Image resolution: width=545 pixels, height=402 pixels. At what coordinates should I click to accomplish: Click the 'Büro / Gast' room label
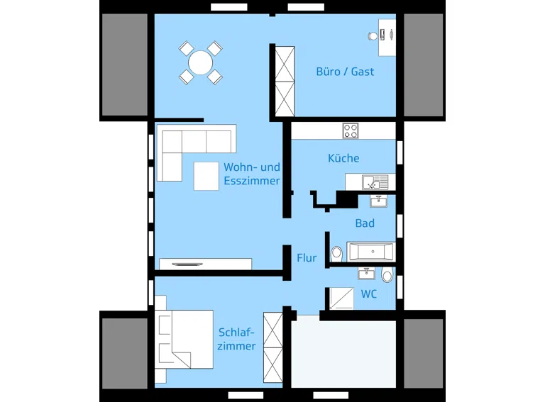pyautogui.click(x=345, y=72)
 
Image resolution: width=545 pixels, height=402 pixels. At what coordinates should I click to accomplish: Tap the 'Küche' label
pyautogui.click(x=343, y=158)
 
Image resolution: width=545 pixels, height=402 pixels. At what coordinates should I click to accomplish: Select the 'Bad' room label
pyautogui.click(x=365, y=223)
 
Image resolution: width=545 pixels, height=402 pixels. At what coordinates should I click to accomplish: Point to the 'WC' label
pyautogui.click(x=368, y=294)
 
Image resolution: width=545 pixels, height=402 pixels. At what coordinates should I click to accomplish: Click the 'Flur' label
pyautogui.click(x=307, y=258)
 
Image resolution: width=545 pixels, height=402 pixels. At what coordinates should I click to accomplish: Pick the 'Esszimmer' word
pyautogui.click(x=252, y=181)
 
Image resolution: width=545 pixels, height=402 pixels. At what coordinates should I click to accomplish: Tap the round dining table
pyautogui.click(x=201, y=63)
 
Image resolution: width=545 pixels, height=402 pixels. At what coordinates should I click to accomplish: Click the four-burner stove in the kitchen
pyautogui.click(x=351, y=131)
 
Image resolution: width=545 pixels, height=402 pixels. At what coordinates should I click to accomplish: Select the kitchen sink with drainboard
pyautogui.click(x=375, y=182)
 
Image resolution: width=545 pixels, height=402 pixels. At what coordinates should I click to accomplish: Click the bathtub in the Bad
pyautogui.click(x=371, y=251)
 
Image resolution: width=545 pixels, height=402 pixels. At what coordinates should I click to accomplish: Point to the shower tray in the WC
pyautogui.click(x=341, y=298)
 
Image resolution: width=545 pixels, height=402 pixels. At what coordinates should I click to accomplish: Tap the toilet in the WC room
pyautogui.click(x=387, y=274)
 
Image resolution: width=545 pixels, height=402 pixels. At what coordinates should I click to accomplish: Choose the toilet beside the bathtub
pyautogui.click(x=336, y=254)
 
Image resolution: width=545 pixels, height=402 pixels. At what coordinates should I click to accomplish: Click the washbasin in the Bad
pyautogui.click(x=378, y=201)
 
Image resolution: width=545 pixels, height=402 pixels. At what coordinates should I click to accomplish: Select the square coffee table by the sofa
pyautogui.click(x=206, y=176)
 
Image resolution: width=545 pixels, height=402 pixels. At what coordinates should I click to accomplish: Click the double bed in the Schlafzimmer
pyautogui.click(x=184, y=339)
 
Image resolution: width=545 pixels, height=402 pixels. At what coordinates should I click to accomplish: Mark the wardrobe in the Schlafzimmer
pyautogui.click(x=272, y=347)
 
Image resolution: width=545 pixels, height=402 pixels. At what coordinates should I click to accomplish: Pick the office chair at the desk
pyautogui.click(x=373, y=35)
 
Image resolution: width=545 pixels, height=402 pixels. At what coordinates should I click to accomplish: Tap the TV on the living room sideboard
pyautogui.click(x=187, y=264)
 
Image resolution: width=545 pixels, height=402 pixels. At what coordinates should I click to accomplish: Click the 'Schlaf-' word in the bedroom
pyautogui.click(x=236, y=333)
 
